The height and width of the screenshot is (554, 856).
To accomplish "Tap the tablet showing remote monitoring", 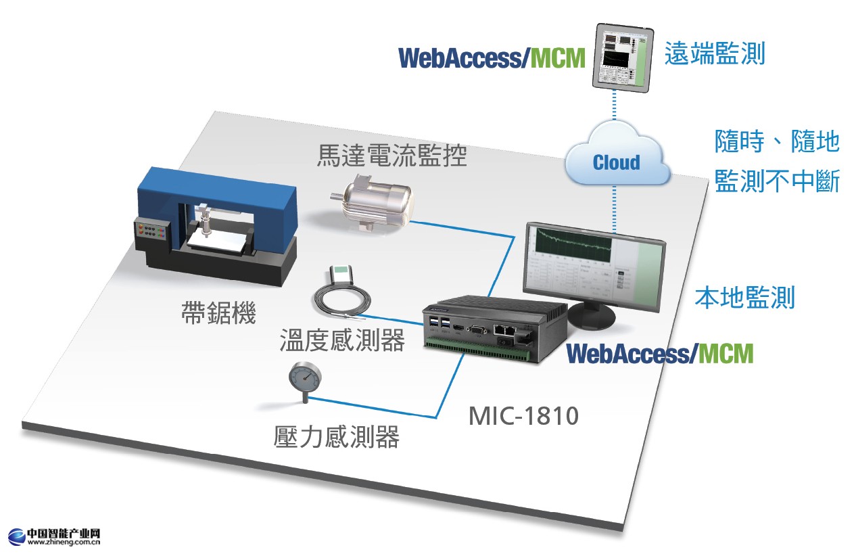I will (621, 57).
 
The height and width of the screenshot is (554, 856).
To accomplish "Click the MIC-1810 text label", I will (524, 415).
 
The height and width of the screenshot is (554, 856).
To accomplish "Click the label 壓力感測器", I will (336, 437).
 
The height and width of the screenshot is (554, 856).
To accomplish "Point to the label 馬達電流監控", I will (392, 157).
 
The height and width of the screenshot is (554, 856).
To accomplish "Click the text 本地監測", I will (744, 298).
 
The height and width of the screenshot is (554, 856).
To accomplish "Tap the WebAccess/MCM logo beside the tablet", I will (492, 58).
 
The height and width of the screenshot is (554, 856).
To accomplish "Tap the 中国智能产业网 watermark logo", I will (54, 536).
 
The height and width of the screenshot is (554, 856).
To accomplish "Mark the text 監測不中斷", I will (777, 183).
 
